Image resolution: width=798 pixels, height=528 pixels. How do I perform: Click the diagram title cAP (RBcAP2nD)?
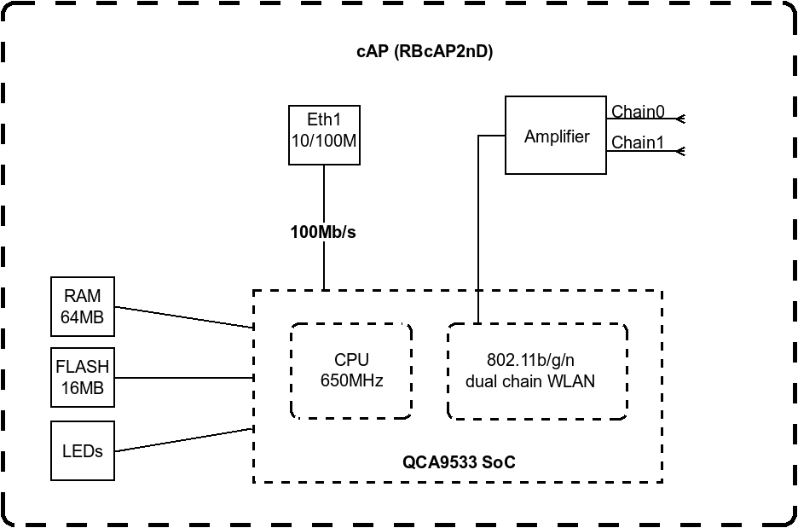pyautogui.click(x=424, y=51)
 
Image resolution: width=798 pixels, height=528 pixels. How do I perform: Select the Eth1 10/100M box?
pyautogui.click(x=324, y=134)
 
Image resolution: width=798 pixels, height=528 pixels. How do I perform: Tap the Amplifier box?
pyautogui.click(x=556, y=136)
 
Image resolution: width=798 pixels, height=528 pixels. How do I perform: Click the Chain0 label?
pyautogui.click(x=638, y=112)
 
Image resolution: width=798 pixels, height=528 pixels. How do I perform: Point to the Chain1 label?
pyautogui.click(x=638, y=142)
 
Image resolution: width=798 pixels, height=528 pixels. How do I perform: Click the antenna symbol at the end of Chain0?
pyautogui.click(x=680, y=119)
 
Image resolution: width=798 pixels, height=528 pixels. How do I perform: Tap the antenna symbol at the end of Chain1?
pyautogui.click(x=680, y=151)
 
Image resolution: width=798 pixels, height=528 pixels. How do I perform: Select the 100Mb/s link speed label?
pyautogui.click(x=323, y=231)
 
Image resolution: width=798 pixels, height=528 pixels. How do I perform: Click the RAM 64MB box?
pyautogui.click(x=82, y=306)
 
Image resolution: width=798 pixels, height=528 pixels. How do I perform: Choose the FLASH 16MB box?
pyautogui.click(x=82, y=377)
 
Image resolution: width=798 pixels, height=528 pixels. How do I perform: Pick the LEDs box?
pyautogui.click(x=82, y=450)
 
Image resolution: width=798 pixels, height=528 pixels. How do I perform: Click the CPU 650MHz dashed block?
pyautogui.click(x=351, y=370)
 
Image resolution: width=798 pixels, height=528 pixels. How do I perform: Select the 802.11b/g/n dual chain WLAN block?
pyautogui.click(x=537, y=371)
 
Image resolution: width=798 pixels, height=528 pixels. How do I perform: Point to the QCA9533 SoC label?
pyautogui.click(x=459, y=462)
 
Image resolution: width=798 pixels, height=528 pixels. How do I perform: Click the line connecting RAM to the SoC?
pyautogui.click(x=183, y=316)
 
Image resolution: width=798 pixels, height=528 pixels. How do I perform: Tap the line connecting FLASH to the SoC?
pyautogui.click(x=183, y=377)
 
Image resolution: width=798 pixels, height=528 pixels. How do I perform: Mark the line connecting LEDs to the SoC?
pyautogui.click(x=183, y=439)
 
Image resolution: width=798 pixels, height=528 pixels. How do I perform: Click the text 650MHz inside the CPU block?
pyautogui.click(x=351, y=380)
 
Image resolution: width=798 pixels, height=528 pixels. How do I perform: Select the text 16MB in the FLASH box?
pyautogui.click(x=82, y=387)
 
